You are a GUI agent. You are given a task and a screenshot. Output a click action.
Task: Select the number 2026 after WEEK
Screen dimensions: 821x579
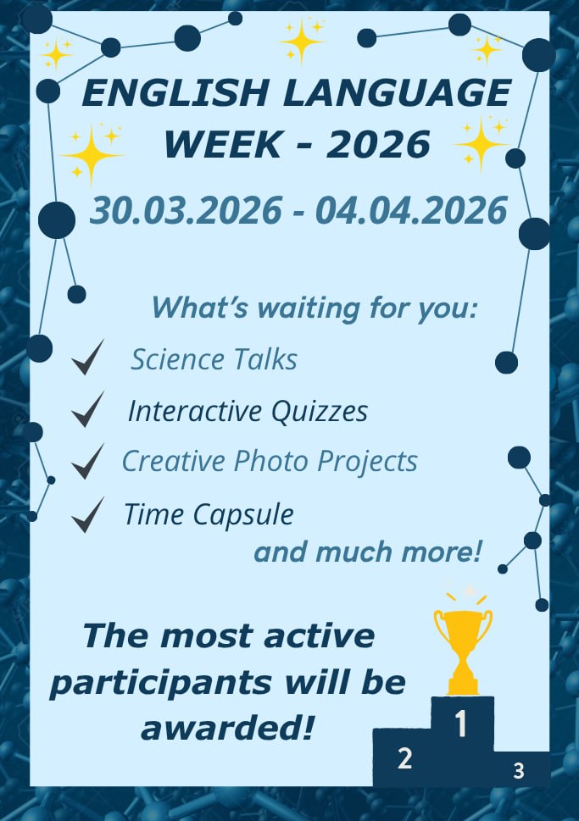(x=378, y=145)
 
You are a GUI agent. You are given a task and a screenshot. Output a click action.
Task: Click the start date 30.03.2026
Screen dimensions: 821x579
(x=186, y=210)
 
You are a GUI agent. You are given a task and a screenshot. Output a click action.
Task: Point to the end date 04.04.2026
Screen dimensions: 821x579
(x=411, y=210)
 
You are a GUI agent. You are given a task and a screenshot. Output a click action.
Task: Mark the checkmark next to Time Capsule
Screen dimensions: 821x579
(x=87, y=514)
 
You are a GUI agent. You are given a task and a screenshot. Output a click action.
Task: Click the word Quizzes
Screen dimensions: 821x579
(x=320, y=412)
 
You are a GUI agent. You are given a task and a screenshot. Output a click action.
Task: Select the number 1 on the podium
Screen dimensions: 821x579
(x=461, y=724)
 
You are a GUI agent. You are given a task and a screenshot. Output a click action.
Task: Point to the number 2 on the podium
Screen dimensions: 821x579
(x=405, y=758)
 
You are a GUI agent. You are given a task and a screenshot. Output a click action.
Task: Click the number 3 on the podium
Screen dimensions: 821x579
(x=519, y=771)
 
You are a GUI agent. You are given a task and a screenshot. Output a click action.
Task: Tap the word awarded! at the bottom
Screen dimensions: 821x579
(x=227, y=727)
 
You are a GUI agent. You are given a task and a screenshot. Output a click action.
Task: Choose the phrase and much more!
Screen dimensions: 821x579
(x=368, y=553)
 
